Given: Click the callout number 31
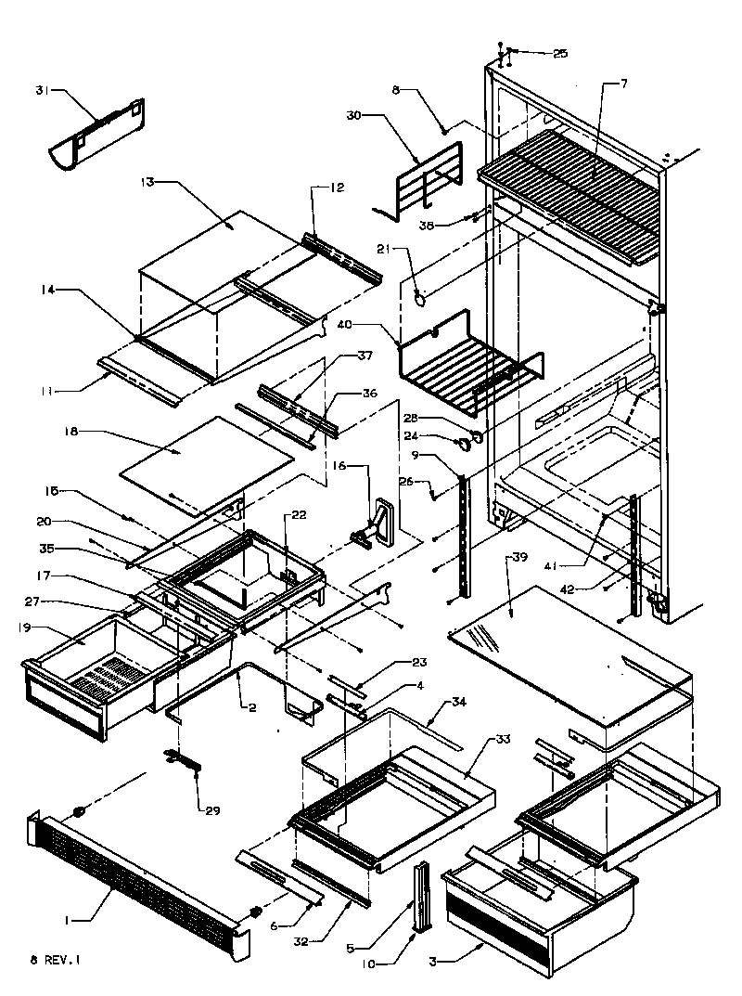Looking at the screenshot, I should coord(41,90).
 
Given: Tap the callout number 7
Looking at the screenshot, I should coord(623,85).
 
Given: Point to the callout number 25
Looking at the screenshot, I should coord(559,55).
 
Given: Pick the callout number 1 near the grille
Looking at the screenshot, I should coord(67,919).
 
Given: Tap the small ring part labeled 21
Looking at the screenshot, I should coord(420,298).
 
